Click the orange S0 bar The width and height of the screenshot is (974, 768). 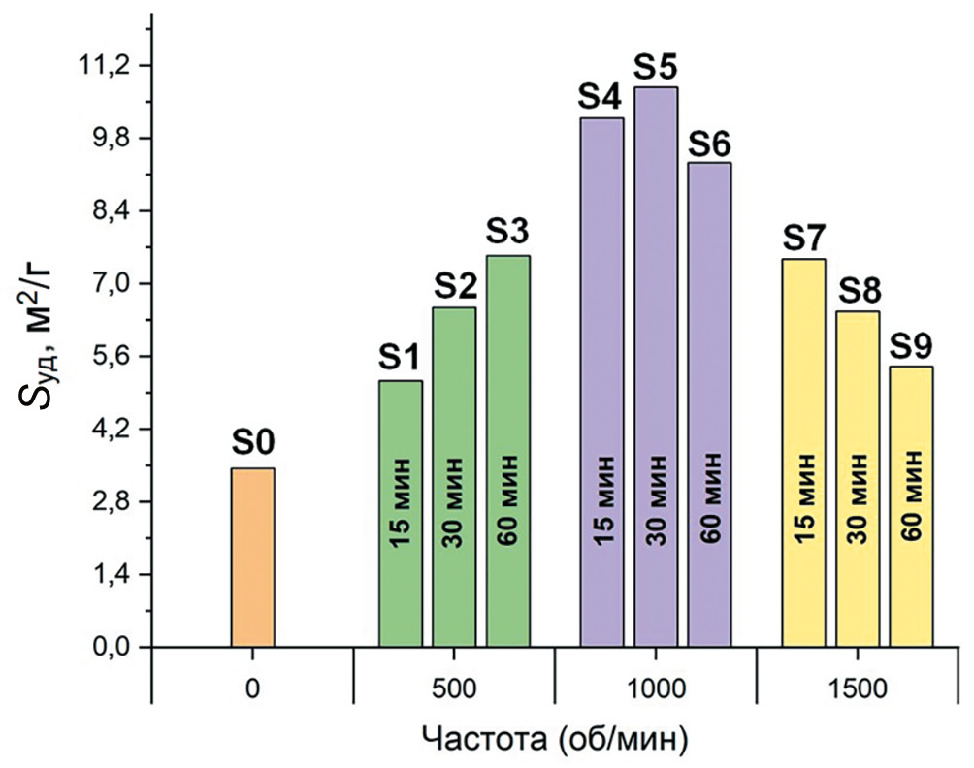coord(252,558)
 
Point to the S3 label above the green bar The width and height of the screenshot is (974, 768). coord(507,234)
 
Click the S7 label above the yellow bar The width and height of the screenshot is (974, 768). coord(804,238)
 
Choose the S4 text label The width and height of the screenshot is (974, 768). coord(601,97)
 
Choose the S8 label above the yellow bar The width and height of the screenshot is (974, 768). coord(859,290)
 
